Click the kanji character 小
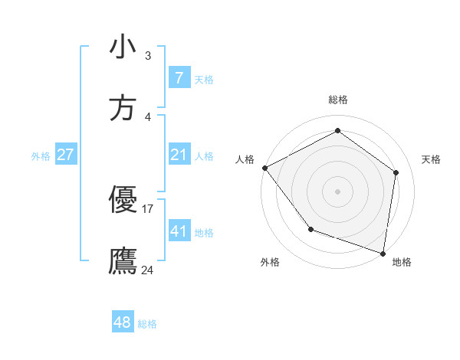(x=123, y=47)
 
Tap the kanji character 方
(x=123, y=108)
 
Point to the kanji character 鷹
(x=123, y=261)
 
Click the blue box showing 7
(x=179, y=78)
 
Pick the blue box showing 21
(x=179, y=155)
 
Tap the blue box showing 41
(x=179, y=231)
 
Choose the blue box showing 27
(x=65, y=155)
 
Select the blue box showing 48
(x=122, y=322)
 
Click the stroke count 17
(x=148, y=208)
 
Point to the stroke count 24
(x=148, y=270)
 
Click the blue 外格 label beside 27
(x=41, y=156)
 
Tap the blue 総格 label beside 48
(x=147, y=324)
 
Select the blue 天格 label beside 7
(x=204, y=80)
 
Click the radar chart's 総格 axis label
(x=337, y=100)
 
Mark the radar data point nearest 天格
(x=396, y=172)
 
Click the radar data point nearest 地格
(x=383, y=253)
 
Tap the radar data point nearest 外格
(x=310, y=229)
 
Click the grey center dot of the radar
(x=337, y=191)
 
